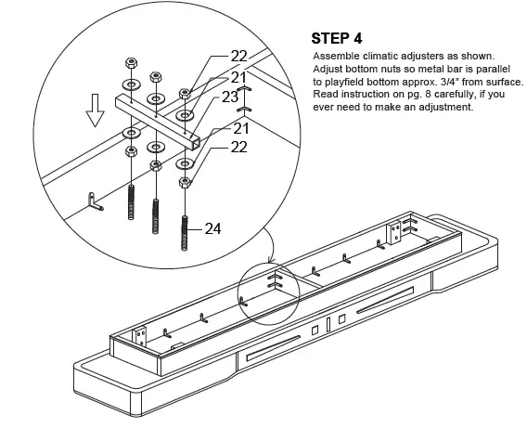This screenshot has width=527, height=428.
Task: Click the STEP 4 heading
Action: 337,38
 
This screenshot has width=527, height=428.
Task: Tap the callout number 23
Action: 230,97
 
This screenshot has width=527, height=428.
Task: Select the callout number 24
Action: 212,229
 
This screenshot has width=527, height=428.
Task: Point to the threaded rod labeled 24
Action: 185,233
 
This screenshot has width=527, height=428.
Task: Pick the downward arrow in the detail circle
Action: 96,110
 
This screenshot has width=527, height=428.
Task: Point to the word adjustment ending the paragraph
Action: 444,108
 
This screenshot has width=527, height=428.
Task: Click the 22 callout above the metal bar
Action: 238,56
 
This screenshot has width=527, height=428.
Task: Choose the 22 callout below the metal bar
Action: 238,148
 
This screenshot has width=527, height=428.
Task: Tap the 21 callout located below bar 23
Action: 240,128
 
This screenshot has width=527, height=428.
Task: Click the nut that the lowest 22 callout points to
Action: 185,183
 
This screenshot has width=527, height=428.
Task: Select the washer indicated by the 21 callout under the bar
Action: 185,163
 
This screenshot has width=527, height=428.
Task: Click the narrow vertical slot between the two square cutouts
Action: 328,325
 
